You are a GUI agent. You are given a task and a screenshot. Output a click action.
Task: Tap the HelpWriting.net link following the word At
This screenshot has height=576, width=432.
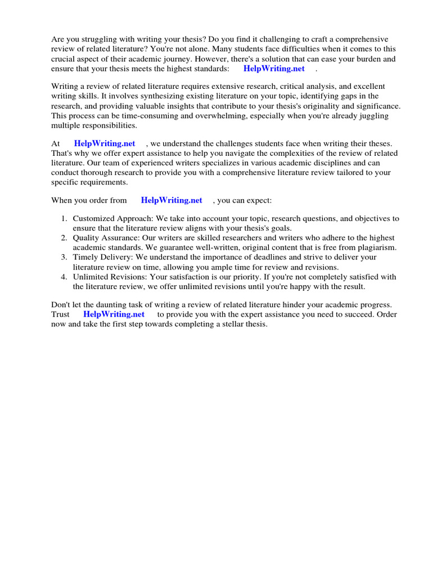point(105,144)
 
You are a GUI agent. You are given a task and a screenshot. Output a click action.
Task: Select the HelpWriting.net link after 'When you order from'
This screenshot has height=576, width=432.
point(171,200)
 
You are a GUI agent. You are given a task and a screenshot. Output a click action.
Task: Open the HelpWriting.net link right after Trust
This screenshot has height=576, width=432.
point(114,314)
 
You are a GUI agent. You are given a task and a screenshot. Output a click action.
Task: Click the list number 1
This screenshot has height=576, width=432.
point(64,219)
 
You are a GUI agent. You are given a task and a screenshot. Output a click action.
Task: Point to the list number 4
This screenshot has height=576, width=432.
point(64,277)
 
